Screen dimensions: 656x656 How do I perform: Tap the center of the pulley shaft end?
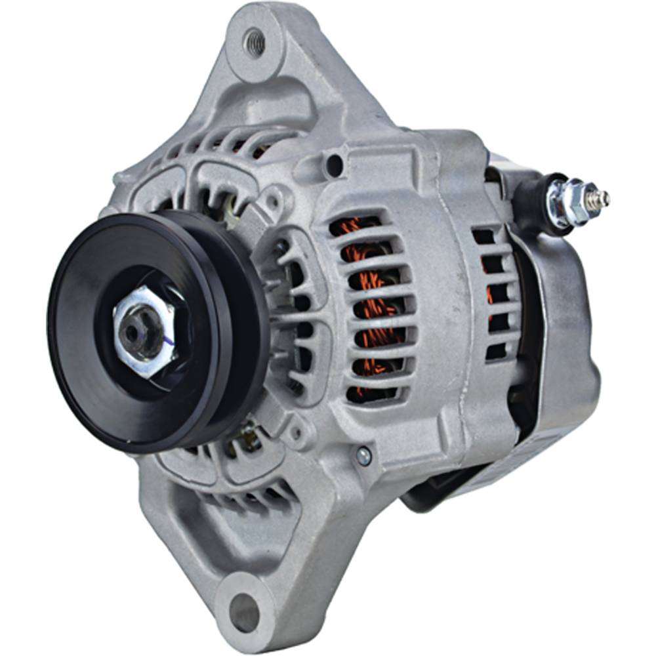click(134, 333)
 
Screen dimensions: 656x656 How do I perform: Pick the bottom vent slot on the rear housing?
click(496, 351)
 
